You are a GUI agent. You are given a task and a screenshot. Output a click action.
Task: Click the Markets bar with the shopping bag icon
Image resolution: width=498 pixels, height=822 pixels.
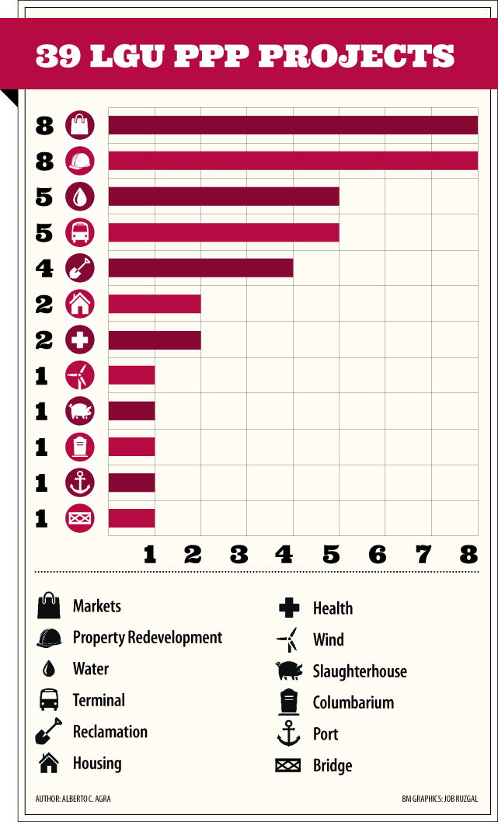[292, 125]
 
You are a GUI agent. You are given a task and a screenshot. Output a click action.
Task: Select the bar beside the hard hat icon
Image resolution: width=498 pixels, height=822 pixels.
[292, 161]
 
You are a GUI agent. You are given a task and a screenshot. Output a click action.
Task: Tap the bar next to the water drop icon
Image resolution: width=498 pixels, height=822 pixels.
[223, 196]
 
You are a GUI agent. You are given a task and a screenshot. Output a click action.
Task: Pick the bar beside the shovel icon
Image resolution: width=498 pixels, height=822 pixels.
[200, 267]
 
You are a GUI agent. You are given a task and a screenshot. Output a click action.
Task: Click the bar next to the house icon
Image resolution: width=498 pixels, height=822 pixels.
[154, 304]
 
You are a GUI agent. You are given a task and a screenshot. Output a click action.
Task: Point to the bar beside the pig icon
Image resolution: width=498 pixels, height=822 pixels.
[131, 410]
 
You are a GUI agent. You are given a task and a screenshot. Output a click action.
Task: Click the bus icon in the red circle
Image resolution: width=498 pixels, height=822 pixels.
[80, 232]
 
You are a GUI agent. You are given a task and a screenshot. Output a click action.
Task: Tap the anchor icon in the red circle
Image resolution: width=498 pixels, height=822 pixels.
[80, 482]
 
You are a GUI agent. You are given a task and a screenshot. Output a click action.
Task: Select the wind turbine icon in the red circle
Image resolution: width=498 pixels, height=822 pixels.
[80, 376]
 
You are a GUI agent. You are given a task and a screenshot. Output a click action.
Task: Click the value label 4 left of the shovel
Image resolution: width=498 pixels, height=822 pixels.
[44, 269]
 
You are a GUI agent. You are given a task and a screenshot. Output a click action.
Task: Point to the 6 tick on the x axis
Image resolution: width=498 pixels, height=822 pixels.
[378, 554]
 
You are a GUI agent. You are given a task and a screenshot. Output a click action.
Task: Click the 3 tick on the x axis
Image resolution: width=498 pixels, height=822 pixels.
[239, 554]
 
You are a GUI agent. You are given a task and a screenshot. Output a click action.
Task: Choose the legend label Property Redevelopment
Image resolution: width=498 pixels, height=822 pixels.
[148, 638]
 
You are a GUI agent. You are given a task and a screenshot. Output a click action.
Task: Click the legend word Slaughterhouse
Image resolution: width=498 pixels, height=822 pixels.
[360, 671]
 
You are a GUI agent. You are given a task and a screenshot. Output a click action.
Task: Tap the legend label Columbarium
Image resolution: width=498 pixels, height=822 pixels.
[353, 703]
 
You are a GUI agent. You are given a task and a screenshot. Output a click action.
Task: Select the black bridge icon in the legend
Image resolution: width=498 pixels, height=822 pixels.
[287, 766]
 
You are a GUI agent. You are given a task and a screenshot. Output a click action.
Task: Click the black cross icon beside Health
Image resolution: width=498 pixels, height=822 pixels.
[288, 608]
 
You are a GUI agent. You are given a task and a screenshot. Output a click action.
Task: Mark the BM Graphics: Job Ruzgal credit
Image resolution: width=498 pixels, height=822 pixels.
[440, 799]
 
